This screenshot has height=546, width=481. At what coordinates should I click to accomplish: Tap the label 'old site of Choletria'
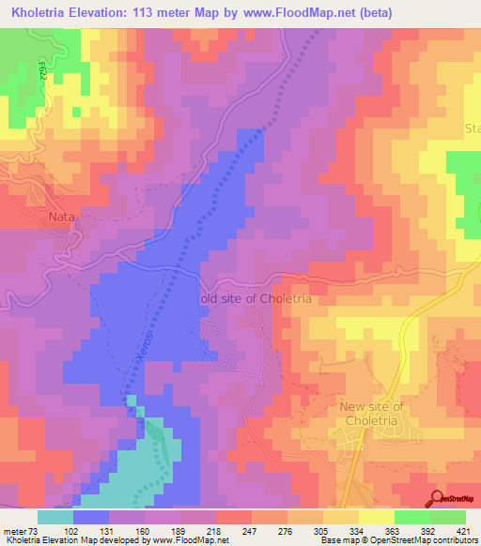pos(261,298)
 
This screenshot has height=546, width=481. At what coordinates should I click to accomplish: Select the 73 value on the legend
pos(35,530)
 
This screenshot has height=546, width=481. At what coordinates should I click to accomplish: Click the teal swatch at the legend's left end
pos(55,517)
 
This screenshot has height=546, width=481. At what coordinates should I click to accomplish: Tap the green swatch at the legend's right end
pos(448,517)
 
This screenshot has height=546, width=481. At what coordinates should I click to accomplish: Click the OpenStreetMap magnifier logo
pos(436,496)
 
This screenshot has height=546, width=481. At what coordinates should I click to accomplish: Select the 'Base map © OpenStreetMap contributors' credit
pos(397,540)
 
